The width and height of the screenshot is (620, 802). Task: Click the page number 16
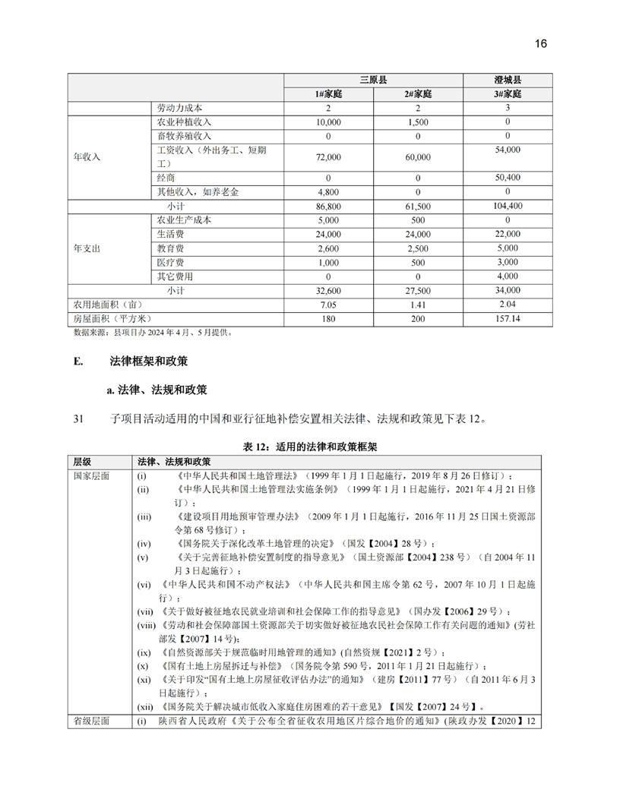pos(540,43)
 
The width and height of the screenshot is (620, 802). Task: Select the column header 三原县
pos(373,81)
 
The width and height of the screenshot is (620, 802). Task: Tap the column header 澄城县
pos(507,81)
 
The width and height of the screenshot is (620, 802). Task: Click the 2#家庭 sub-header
pos(418,94)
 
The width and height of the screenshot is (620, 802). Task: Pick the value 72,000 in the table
pos(328,157)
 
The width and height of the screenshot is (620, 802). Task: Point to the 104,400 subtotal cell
pos(507,206)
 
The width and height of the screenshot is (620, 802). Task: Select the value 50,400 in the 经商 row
pos(507,177)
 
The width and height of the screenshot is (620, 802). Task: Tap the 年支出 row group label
pos(87,248)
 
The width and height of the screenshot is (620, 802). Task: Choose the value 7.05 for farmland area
pos(328,305)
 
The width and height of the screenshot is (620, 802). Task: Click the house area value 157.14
pos(507,318)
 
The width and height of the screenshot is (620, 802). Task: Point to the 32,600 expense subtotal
pos(328,291)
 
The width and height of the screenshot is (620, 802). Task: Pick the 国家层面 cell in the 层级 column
pos(90,475)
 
